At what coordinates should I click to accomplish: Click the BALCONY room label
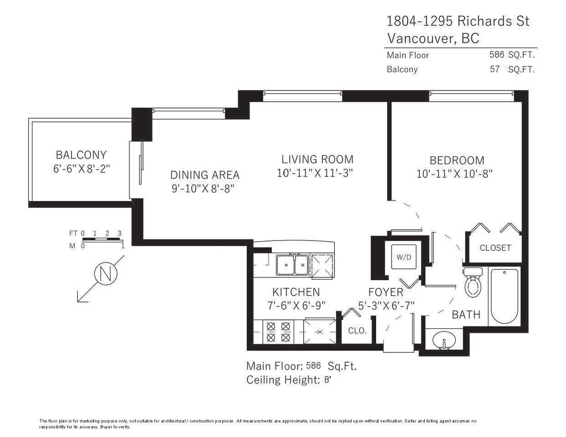tap(81, 155)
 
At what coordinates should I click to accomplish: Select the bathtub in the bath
tap(504, 296)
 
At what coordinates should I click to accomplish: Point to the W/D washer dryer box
tap(403, 257)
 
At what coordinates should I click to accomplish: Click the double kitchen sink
tap(293, 265)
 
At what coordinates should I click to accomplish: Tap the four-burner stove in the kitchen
tap(278, 332)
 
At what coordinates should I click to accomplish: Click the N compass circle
tap(106, 273)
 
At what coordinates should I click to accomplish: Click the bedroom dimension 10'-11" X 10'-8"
tap(454, 174)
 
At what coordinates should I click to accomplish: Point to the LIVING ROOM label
tap(317, 159)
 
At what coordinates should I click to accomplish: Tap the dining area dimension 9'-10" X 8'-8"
tap(203, 188)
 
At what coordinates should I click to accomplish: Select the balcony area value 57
tap(495, 69)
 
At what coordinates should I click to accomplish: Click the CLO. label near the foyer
tap(357, 331)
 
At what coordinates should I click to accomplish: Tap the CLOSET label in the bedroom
tap(495, 248)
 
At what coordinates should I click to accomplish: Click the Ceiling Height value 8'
tap(327, 380)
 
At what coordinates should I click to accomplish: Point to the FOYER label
tap(386, 292)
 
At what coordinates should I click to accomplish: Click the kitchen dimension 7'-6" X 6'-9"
tap(296, 306)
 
